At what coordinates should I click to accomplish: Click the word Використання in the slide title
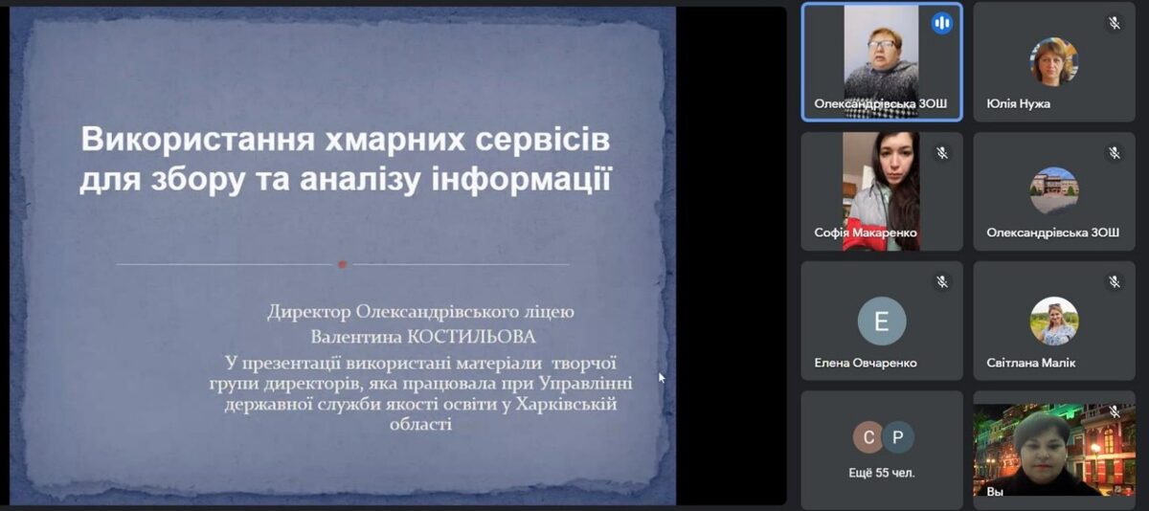[197, 140]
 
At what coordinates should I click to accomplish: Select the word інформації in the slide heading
[521, 179]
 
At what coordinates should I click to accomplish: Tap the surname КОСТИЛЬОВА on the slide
[471, 337]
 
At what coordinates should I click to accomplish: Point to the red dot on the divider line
[343, 264]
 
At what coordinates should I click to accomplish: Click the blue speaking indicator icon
[942, 23]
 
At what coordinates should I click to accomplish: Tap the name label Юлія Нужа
[1018, 103]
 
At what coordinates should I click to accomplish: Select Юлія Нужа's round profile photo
[1053, 61]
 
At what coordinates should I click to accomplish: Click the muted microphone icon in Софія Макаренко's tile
[942, 153]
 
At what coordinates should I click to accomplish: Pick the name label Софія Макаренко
[866, 233]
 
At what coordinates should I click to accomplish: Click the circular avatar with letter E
[882, 322]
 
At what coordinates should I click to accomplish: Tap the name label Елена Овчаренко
[866, 363]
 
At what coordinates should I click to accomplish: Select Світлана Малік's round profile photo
[1053, 322]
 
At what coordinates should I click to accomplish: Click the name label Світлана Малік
[1030, 363]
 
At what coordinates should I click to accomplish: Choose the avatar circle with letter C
[868, 437]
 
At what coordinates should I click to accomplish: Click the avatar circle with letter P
[898, 437]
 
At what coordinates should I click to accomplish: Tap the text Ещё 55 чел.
[882, 473]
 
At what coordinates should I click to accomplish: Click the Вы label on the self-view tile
[995, 492]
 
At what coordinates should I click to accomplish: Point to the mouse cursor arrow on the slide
[662, 378]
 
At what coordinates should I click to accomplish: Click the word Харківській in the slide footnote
[566, 405]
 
